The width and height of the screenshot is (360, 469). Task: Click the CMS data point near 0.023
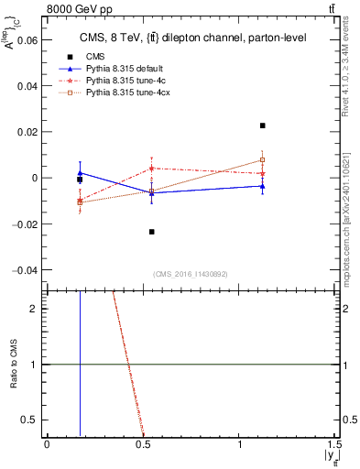click(263, 125)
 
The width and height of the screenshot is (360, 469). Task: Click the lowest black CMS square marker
click(152, 232)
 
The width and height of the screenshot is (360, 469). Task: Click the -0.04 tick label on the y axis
click(25, 270)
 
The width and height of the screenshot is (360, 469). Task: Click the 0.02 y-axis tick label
click(27, 132)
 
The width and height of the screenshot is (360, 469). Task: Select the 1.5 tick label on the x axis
click(334, 444)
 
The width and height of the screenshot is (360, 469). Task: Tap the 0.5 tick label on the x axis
click(142, 444)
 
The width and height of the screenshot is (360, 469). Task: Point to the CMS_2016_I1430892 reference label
click(190, 275)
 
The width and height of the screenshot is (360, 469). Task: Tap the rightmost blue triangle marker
click(263, 186)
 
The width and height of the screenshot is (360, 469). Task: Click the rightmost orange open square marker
click(263, 160)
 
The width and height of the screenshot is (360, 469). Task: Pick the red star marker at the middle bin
click(152, 169)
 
